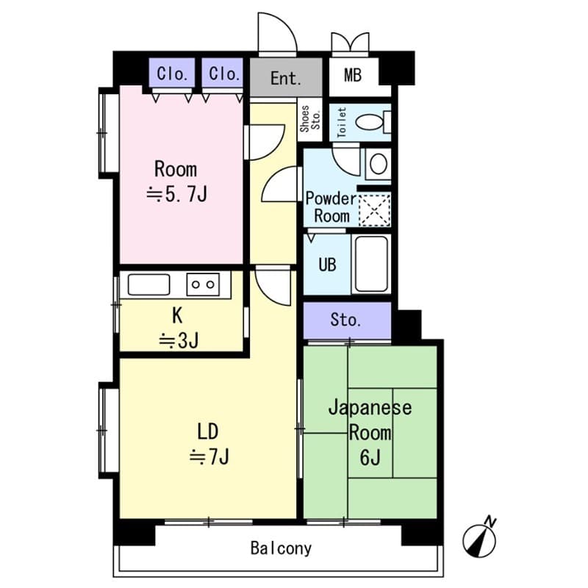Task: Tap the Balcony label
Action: (x=281, y=548)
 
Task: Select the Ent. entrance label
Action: (x=285, y=78)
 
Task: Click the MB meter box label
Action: (x=353, y=76)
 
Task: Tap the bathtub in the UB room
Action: (x=372, y=264)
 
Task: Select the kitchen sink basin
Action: (x=148, y=284)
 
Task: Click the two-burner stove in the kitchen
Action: (x=204, y=284)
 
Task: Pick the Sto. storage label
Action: (x=345, y=320)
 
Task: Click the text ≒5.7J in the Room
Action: (x=176, y=195)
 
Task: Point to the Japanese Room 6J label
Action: (x=370, y=431)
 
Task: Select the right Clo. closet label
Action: (x=223, y=73)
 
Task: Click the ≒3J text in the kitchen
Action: (x=177, y=340)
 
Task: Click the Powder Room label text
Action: (x=331, y=207)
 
